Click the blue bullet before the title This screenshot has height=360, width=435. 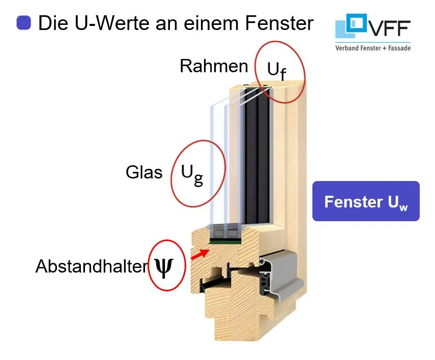click(24, 22)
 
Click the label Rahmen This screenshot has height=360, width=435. click(214, 67)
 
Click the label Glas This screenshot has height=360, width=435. click(144, 172)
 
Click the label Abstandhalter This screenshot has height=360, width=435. click(91, 266)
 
